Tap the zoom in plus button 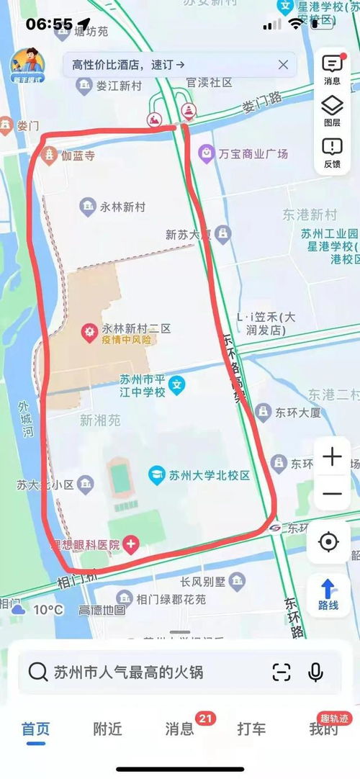click(332, 456)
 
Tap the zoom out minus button click(332, 494)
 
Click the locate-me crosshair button click(328, 541)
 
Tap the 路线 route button click(328, 595)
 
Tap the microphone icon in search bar click(315, 672)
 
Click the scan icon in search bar click(282, 672)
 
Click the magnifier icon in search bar click(37, 672)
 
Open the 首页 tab click(36, 729)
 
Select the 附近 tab click(107, 729)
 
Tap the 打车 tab click(251, 729)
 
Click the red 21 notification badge click(205, 718)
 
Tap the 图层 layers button click(332, 112)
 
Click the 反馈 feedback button click(332, 153)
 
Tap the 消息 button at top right click(332, 69)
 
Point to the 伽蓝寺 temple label click(77, 155)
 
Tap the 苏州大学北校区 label click(209, 475)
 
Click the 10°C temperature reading click(48, 610)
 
